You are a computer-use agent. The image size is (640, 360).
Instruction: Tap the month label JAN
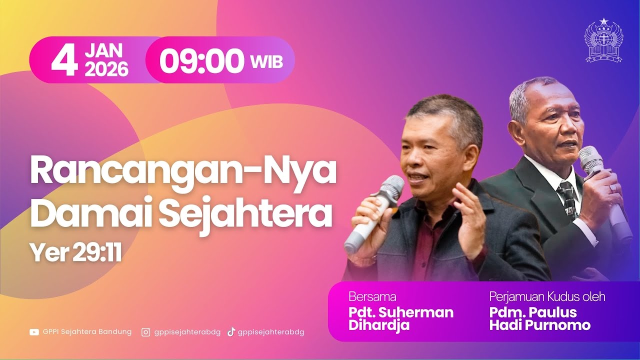(x=103, y=50)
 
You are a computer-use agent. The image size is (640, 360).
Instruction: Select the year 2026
(x=106, y=69)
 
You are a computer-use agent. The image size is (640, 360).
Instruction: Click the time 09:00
(x=202, y=61)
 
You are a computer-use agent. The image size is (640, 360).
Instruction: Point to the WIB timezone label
(x=266, y=62)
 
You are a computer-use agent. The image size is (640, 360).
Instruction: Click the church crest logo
(x=603, y=41)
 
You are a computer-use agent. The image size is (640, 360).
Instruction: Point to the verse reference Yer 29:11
(x=75, y=253)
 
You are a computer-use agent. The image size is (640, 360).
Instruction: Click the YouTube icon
(x=34, y=332)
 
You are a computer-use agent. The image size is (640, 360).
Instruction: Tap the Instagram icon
(x=145, y=332)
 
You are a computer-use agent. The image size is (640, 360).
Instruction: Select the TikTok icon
(x=231, y=332)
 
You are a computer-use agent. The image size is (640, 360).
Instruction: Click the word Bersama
(x=372, y=297)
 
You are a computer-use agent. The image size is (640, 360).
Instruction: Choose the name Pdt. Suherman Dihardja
(x=400, y=319)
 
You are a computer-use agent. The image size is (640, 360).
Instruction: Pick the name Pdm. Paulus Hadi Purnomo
(x=539, y=319)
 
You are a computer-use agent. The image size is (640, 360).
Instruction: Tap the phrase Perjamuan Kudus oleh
(x=547, y=297)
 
